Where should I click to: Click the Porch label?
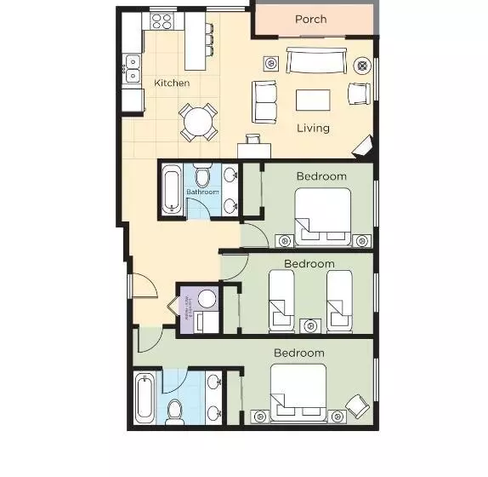coord(311,20)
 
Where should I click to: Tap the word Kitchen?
coord(172,83)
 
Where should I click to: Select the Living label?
coord(313,129)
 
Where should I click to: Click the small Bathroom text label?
coord(202,193)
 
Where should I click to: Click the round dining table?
coord(198,121)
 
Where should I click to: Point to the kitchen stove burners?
coord(162,20)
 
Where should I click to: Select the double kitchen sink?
coord(133,68)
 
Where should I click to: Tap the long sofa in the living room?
coord(316,62)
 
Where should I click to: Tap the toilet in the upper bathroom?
coord(202,176)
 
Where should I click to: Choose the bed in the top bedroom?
coord(322,216)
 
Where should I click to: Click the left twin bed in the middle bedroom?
coord(281,300)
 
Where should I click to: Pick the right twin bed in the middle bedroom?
coord(339,300)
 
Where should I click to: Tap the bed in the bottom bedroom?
coord(298,392)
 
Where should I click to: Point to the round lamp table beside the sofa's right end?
coord(361,64)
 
